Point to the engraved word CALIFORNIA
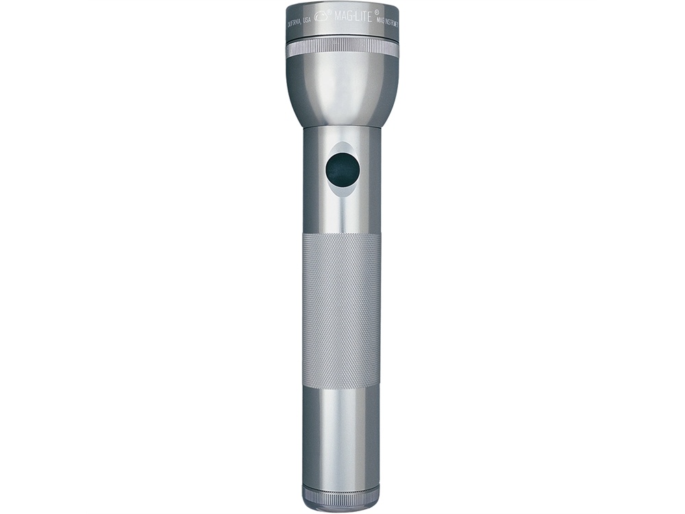293,23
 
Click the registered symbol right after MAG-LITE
377,13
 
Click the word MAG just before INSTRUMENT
381,21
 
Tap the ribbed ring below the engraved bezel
342,47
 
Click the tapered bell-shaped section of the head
342,89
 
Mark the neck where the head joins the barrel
342,128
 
